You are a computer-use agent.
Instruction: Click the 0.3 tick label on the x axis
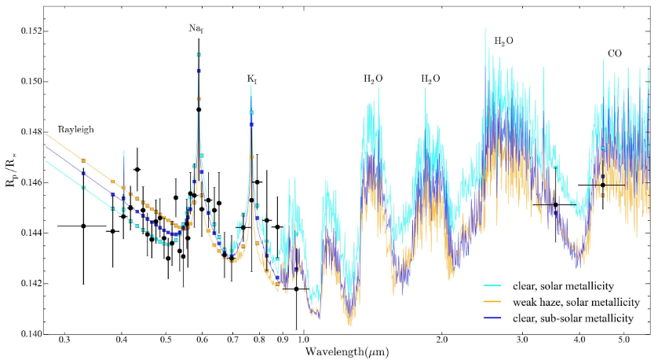click(64, 343)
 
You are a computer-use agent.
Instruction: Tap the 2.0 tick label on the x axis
click(441, 343)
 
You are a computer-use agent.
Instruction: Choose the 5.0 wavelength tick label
click(624, 343)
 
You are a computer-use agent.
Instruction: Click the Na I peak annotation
click(196, 28)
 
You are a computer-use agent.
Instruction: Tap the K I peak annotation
click(252, 79)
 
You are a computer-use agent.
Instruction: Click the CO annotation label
click(616, 54)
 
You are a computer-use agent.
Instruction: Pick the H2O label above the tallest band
click(503, 40)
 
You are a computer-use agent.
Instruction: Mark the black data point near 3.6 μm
click(555, 205)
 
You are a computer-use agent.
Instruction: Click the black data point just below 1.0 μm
click(296, 289)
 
